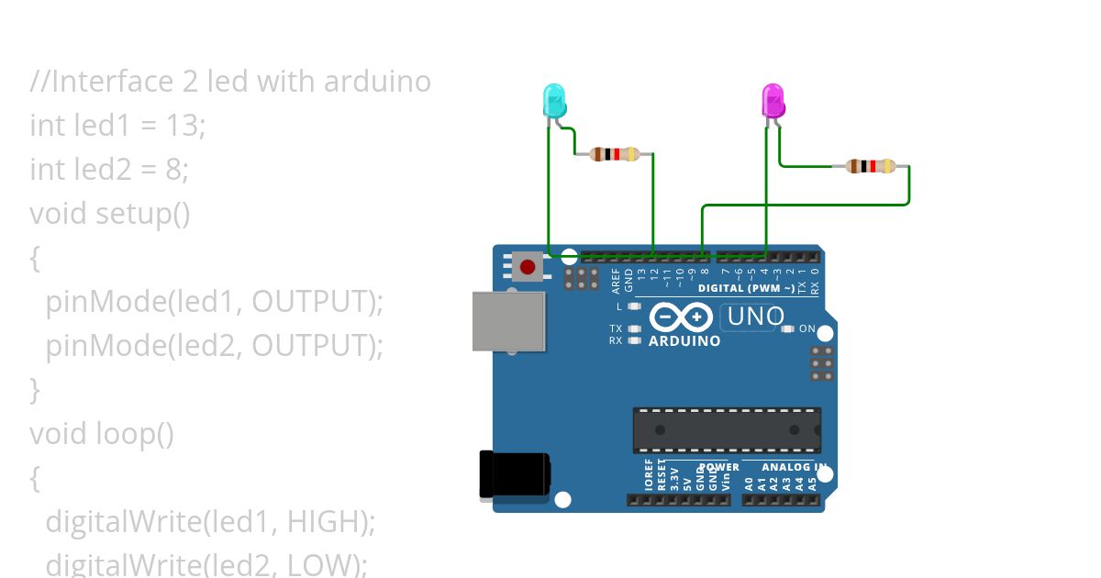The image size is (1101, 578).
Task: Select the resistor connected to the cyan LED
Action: coord(614,154)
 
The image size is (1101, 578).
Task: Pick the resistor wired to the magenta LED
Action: coord(870,166)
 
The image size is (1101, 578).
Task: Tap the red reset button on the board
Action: coord(527,268)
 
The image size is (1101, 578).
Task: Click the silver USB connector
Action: coord(508,321)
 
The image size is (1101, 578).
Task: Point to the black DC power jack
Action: coord(514,475)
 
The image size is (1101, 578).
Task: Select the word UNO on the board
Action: coord(755,317)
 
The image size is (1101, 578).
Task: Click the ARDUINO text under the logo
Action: coord(684,341)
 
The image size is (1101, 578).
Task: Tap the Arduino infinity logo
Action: coord(681,317)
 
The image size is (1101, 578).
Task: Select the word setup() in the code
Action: coord(143,214)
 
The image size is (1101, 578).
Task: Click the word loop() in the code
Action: coord(135,433)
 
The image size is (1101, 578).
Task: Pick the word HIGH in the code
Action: coord(327,521)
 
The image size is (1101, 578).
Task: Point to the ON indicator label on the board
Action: coord(807,328)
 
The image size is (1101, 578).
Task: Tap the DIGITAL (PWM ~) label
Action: coord(746,288)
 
